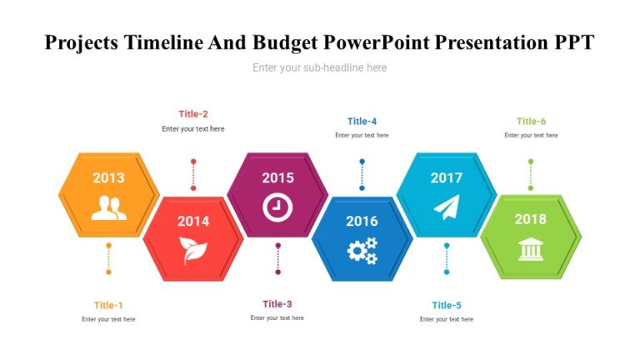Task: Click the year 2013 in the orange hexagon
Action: click(108, 177)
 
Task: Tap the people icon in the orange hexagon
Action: click(108, 207)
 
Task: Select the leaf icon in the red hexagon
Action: click(193, 250)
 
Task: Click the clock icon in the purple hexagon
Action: click(277, 207)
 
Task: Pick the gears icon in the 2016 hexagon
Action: click(362, 250)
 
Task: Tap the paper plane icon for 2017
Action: click(447, 207)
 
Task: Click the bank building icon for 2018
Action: click(531, 248)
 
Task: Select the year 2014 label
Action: click(193, 221)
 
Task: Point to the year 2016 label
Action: click(362, 221)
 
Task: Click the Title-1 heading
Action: click(108, 305)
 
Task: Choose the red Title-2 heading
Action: click(193, 114)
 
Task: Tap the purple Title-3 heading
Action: click(277, 304)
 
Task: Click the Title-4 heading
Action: click(362, 121)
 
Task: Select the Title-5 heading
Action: click(447, 305)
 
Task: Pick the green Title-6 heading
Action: click(531, 121)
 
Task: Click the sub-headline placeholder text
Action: click(320, 67)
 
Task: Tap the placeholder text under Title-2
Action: click(193, 129)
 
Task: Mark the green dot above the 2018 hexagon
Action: click(531, 162)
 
